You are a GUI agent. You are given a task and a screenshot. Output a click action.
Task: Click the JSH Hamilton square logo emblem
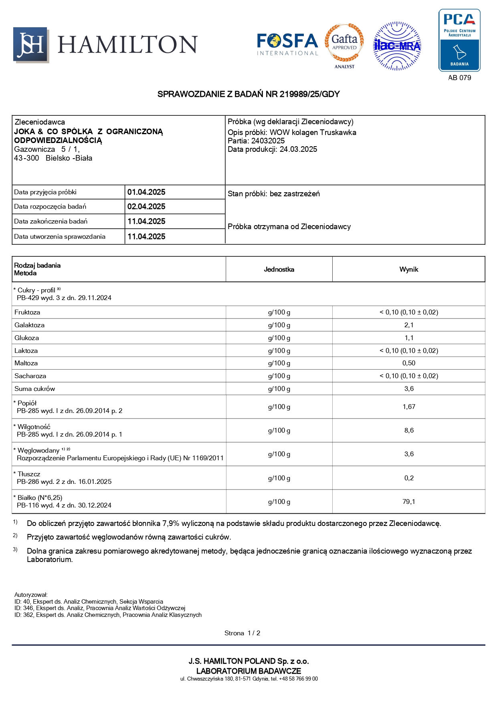[31, 45]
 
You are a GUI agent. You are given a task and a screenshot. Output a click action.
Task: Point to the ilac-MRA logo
[397, 46]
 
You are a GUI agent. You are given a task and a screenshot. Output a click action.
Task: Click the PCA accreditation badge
[459, 40]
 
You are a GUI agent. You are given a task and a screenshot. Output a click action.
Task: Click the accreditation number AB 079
[459, 78]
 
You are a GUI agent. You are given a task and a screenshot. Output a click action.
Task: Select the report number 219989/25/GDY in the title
[309, 94]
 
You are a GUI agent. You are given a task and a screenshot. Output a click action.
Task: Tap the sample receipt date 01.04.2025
[146, 192]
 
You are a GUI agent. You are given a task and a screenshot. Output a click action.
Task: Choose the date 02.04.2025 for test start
[146, 207]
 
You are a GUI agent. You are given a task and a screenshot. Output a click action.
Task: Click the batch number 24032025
[268, 141]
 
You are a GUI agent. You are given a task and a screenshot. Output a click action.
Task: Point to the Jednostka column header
[279, 270]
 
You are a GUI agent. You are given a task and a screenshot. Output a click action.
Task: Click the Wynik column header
[408, 270]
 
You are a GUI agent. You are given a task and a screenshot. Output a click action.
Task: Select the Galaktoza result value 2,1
[409, 325]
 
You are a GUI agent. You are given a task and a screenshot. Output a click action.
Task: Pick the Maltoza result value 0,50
[409, 363]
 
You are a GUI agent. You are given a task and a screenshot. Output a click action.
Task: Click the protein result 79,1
[409, 502]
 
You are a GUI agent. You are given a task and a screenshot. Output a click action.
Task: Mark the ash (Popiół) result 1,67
[409, 407]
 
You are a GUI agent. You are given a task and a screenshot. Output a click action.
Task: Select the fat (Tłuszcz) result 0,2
[409, 478]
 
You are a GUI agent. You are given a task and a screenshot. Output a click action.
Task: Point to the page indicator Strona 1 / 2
[242, 633]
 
